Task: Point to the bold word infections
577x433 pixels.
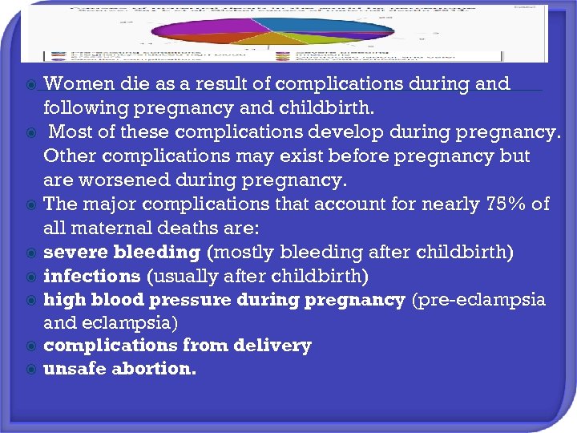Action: [x=91, y=277]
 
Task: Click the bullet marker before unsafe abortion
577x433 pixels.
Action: [x=31, y=370]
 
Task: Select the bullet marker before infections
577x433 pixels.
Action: [x=31, y=277]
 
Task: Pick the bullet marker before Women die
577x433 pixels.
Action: [x=31, y=84]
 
